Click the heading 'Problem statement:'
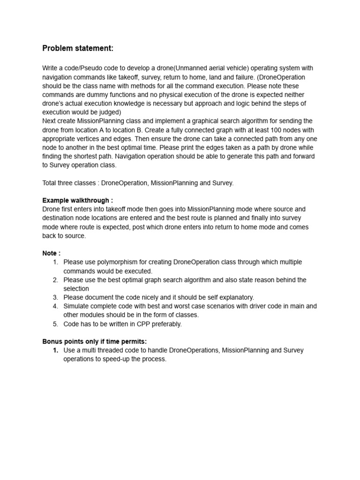(x=78, y=48)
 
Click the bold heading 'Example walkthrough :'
(x=77, y=200)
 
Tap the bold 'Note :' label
(x=52, y=253)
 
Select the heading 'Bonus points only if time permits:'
(x=95, y=341)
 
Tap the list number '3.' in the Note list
(x=55, y=297)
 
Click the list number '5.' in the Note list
(x=55, y=324)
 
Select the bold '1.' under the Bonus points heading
(x=55, y=350)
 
